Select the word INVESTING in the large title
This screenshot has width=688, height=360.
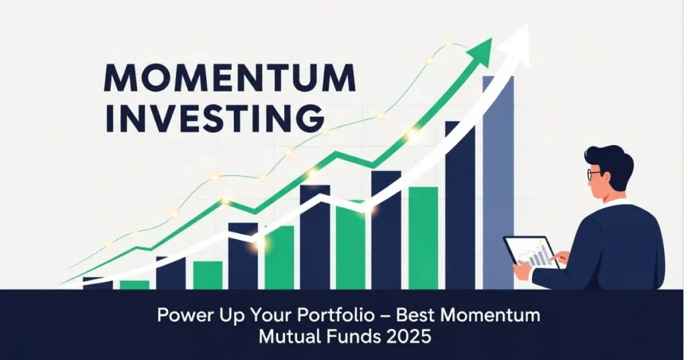click(214, 118)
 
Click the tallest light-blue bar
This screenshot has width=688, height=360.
click(498, 183)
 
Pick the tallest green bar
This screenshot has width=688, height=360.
click(423, 238)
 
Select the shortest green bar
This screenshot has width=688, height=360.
click(134, 285)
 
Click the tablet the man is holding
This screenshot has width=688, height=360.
click(531, 252)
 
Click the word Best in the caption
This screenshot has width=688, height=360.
click(415, 316)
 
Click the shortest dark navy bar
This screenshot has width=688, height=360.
click(97, 283)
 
